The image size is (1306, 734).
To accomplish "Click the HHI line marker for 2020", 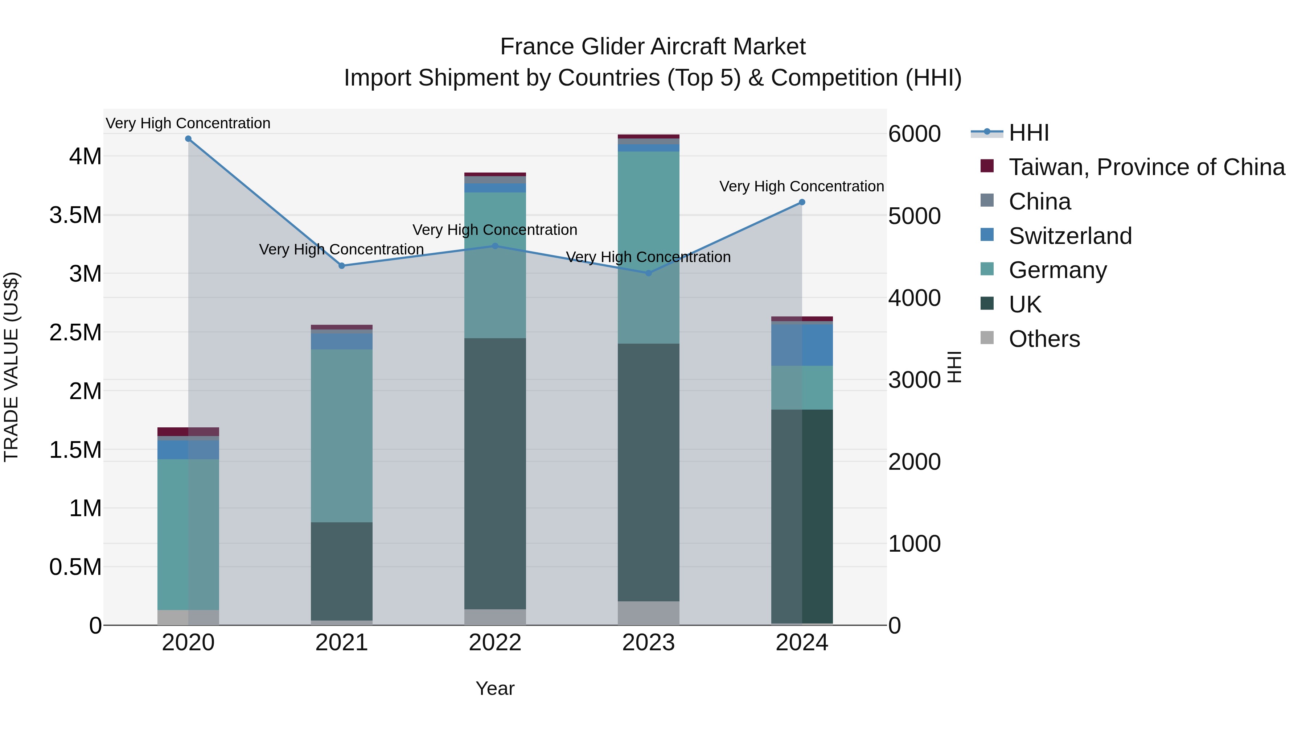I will coord(188,139).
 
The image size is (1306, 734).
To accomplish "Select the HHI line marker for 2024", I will coord(801,202).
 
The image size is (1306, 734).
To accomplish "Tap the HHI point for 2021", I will coord(342,266).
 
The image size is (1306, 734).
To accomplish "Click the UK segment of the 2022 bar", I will coord(495,474).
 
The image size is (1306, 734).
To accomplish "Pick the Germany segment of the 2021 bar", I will coord(342,436).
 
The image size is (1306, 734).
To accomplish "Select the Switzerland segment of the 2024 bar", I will coord(801,345).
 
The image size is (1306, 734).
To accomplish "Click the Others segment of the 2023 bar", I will coord(648,613).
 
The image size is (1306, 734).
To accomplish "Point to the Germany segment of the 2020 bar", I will coord(188,534).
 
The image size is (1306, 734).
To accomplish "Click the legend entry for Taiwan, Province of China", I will coord(1146,167).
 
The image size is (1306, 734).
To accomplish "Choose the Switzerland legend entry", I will coord(1070,236).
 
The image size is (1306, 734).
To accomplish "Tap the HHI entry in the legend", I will coord(1028,133).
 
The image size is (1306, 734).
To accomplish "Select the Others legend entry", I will coord(1043,339).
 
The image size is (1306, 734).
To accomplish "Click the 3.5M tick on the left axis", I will coord(75,215).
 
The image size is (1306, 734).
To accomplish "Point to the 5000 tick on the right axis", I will coord(914,216).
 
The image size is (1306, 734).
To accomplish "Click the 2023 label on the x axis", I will coord(648,643).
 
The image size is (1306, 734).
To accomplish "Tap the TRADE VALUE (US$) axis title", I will coord(11,367).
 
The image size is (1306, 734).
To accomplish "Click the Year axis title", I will coord(495,688).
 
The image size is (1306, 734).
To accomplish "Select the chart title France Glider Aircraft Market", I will coord(653,47).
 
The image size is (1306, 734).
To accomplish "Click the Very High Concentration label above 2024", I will coord(801,186).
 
